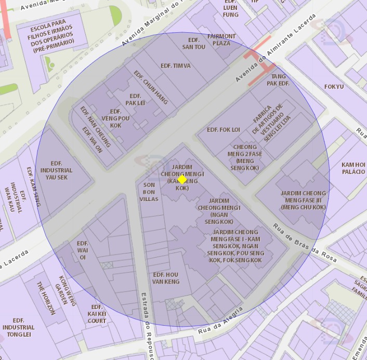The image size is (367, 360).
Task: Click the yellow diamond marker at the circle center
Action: [182, 179]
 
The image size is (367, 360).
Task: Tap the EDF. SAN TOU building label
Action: [193, 44]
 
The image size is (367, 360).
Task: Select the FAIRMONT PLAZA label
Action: [221, 40]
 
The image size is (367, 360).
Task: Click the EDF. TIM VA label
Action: [176, 66]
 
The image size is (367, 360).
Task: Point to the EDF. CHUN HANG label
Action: [151, 87]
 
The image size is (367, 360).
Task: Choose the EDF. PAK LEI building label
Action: [135, 100]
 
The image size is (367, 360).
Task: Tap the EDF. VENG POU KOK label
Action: [115, 118]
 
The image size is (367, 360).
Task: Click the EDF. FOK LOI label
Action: [224, 129]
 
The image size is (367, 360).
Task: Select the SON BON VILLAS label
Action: [149, 192]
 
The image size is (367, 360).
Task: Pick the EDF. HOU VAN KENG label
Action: [166, 278]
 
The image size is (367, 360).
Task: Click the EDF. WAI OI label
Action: [82, 250]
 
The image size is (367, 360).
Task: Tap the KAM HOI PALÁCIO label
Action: [353, 168]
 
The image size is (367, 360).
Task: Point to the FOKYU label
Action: [334, 87]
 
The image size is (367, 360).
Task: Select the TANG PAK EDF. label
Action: [278, 80]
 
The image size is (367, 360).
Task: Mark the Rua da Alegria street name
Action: [220, 321]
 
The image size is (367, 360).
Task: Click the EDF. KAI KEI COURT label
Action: [97, 314]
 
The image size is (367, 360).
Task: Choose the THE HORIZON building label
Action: [45, 298]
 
